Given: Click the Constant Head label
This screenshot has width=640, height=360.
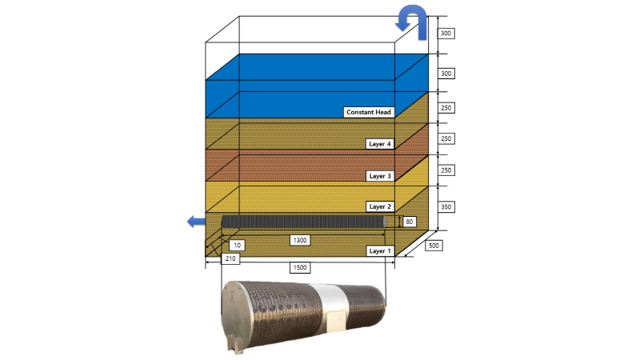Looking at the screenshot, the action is (x=369, y=112).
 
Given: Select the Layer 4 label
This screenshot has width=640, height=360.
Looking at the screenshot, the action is (x=379, y=144).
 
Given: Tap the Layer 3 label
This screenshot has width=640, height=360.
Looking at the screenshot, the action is (x=379, y=176).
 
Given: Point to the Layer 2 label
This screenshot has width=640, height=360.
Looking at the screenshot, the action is (x=379, y=206).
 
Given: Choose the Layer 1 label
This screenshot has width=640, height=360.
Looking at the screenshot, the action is (x=379, y=251).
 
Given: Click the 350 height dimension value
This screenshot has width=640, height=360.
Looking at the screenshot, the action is (x=446, y=207).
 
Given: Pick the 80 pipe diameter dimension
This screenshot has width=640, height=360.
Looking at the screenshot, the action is (x=410, y=222).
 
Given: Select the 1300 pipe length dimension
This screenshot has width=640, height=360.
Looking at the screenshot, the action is (x=299, y=240).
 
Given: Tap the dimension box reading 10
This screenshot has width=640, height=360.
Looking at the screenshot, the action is (x=237, y=245).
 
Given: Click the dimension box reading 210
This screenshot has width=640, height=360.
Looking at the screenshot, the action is (x=230, y=258).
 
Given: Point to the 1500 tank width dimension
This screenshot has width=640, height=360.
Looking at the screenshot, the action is (x=299, y=268).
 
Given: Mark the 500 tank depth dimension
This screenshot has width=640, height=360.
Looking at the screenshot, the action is (x=434, y=246).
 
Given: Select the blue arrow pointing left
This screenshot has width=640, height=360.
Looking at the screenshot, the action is (x=196, y=222).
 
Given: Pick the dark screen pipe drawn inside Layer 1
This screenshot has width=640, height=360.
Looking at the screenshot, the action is (x=304, y=222).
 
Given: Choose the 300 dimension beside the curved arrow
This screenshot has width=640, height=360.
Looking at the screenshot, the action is (x=446, y=33).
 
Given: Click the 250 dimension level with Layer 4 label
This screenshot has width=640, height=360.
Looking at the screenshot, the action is (x=446, y=138).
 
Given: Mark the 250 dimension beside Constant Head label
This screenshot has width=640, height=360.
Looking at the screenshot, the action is (x=446, y=108).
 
